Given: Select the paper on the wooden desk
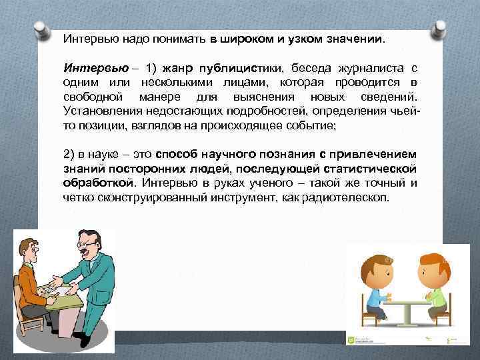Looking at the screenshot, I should coord(53,289).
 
